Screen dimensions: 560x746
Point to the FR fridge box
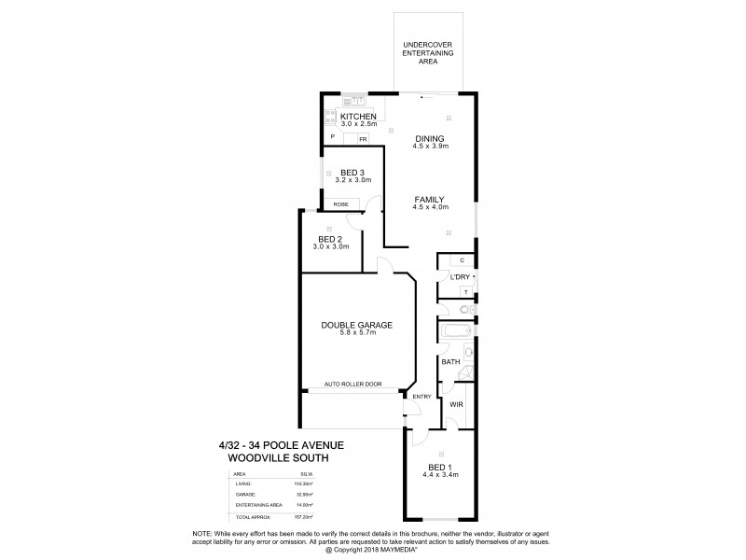(x=363, y=139)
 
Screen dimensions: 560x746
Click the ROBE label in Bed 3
(x=340, y=203)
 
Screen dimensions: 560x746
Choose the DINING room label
(x=430, y=138)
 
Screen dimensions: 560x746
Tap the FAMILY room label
(x=430, y=199)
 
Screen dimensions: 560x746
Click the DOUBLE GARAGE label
(x=357, y=325)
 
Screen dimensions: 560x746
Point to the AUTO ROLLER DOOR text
(x=357, y=384)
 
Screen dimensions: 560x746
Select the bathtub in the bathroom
(x=454, y=333)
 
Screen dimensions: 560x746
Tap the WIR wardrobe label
(x=456, y=404)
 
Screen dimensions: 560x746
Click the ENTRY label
(x=421, y=397)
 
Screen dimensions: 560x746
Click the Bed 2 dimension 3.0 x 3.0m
(x=333, y=246)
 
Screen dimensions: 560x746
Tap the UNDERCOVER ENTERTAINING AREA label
(x=428, y=52)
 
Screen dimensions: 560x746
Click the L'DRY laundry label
(x=459, y=277)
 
